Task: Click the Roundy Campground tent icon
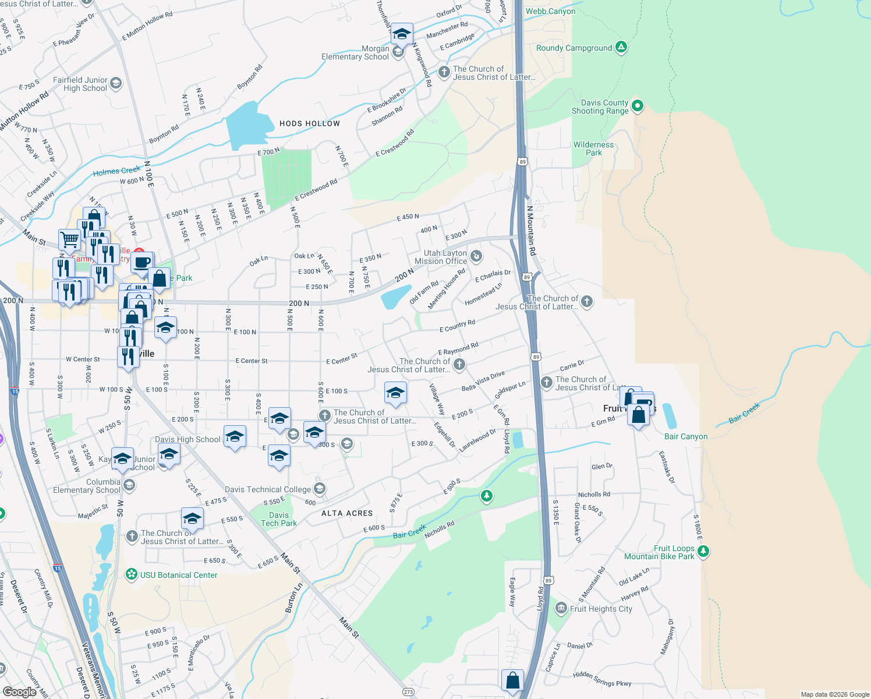pyautogui.click(x=621, y=47)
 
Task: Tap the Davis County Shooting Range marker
pyautogui.click(x=638, y=106)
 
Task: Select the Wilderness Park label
pyautogui.click(x=593, y=149)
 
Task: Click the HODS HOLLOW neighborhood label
pyautogui.click(x=310, y=123)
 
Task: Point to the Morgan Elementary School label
pyautogui.click(x=355, y=52)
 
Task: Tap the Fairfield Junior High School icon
pyautogui.click(x=116, y=83)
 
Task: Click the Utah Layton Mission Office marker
pyautogui.click(x=476, y=256)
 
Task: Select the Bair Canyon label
pyautogui.click(x=686, y=436)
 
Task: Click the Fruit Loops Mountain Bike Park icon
pyautogui.click(x=703, y=550)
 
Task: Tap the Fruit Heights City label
pyautogui.click(x=601, y=609)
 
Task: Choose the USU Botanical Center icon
pyautogui.click(x=132, y=575)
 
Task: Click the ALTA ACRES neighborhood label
pyautogui.click(x=347, y=513)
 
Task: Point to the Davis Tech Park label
pyautogui.click(x=279, y=519)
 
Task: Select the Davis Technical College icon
pyautogui.click(x=319, y=488)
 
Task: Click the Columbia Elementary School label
pyautogui.click(x=87, y=486)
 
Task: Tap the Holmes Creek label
pyautogui.click(x=117, y=171)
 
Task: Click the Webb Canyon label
pyautogui.click(x=550, y=11)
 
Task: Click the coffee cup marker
pyautogui.click(x=141, y=262)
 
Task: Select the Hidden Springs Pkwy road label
pyautogui.click(x=602, y=679)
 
